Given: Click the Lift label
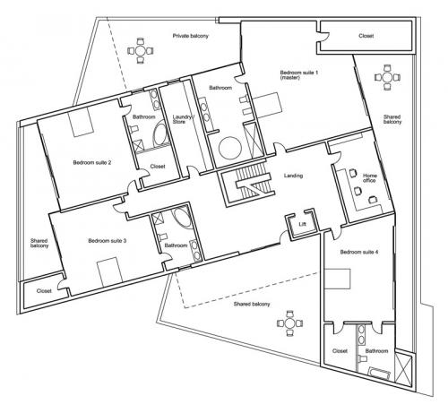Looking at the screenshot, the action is pos(302,224).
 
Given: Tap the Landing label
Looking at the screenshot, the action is pos(293,176).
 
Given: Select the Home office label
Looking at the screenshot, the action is pos(369,178).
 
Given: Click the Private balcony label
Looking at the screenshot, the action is pos(190,36).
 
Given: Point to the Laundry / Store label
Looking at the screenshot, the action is pos(183,119).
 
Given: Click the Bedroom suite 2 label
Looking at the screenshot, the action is pos(92,163).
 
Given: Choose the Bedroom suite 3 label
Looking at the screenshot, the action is pos(108,241).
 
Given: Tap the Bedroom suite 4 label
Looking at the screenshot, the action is pos(359,252).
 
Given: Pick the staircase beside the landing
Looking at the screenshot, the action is pos(248,185).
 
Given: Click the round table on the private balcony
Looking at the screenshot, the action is pos(141,51).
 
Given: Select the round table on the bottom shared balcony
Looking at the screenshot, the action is pos(289,323).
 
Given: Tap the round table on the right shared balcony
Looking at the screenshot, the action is pos(387,78).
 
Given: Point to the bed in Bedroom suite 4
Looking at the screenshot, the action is pos(337,279).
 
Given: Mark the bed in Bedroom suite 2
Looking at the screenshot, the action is pos(81,122).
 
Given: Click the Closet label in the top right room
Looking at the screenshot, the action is pos(366,36).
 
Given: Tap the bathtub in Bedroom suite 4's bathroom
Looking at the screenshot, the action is pos(379,374).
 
